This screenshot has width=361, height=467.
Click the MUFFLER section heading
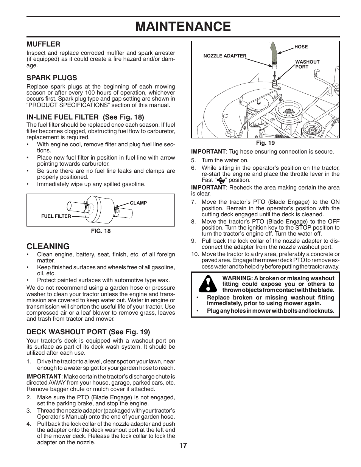pyautogui.click(x=43, y=44)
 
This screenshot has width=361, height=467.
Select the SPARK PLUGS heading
pyautogui.click(x=51, y=78)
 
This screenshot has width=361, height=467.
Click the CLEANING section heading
pyautogui.click(x=48, y=247)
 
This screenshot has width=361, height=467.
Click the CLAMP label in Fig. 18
pyautogui.click(x=138, y=203)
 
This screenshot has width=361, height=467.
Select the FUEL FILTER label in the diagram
pyautogui.click(x=56, y=216)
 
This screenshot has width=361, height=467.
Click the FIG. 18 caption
pyautogui.click(x=101, y=231)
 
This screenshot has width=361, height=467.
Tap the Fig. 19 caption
pyautogui.click(x=265, y=143)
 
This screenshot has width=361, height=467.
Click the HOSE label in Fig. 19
pyautogui.click(x=301, y=47)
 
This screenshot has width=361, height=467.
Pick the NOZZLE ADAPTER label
pyautogui.click(x=225, y=56)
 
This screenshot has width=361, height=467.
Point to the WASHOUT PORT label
pyautogui.click(x=307, y=64)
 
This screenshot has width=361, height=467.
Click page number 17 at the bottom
pyautogui.click(x=183, y=445)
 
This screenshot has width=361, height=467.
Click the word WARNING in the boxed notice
pyautogui.click(x=237, y=278)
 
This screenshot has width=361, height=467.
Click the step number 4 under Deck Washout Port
pyautogui.click(x=29, y=424)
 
